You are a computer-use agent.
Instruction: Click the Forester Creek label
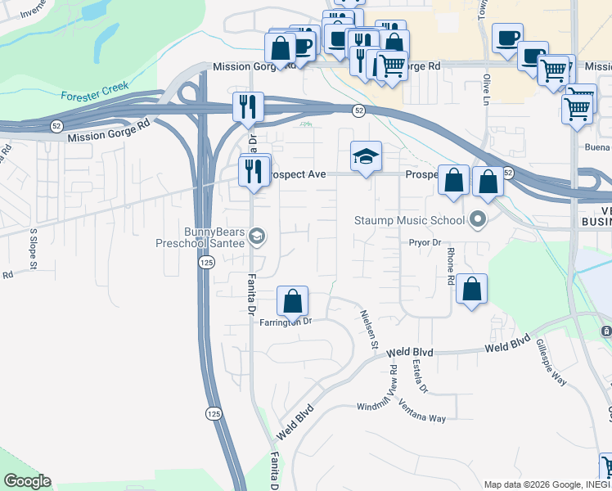(x=94, y=96)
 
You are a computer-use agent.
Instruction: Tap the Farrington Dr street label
(x=286, y=322)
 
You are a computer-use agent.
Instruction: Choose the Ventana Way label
(x=422, y=413)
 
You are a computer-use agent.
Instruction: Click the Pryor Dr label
(x=425, y=243)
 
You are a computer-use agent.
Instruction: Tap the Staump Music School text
(x=409, y=219)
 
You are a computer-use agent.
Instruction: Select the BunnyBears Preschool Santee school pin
(x=257, y=237)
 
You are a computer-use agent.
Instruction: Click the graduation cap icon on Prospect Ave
(x=366, y=157)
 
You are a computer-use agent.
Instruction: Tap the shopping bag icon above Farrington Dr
(x=292, y=302)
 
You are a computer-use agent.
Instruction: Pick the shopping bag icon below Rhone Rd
(x=471, y=290)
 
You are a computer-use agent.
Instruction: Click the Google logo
(x=27, y=481)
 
